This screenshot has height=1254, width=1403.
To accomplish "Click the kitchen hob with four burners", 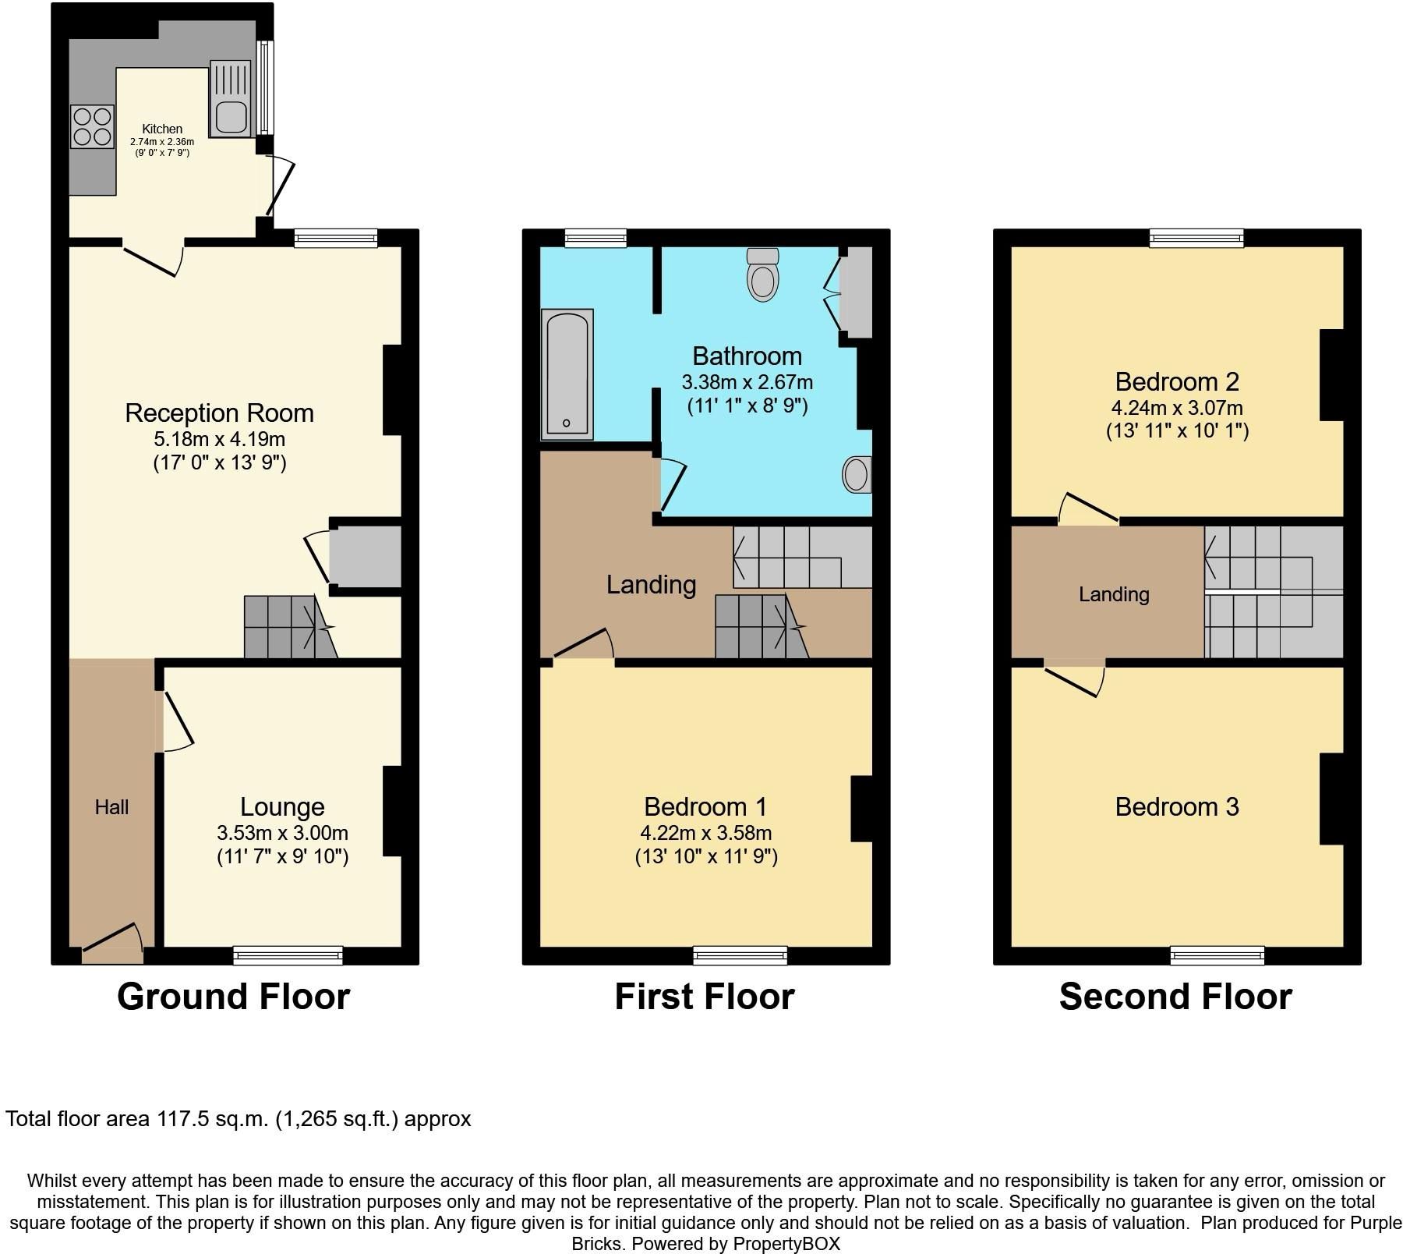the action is tap(92, 127).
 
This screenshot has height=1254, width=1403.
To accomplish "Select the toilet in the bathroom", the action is tap(762, 275).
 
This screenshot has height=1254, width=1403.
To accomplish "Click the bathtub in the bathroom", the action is tap(567, 374).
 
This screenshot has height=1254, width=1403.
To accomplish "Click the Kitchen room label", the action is tap(162, 129).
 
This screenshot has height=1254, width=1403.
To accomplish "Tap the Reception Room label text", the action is tap(220, 413).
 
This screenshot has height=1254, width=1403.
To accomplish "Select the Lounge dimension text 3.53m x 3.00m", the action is tap(282, 833).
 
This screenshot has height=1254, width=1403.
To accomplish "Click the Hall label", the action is tap(111, 807).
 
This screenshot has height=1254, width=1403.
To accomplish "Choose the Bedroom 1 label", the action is tap(705, 806).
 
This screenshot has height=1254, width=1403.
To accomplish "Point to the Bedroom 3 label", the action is tap(1177, 806).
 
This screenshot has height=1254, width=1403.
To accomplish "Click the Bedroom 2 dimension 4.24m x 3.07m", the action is tap(1177, 408).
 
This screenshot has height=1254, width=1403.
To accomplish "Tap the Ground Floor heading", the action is tap(234, 997).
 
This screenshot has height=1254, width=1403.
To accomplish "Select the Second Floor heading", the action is tap(1175, 997).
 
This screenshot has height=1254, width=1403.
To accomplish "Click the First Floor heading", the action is tap(705, 997).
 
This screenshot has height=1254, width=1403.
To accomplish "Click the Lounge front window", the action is tap(288, 955).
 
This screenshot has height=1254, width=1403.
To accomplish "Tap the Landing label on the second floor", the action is tap(1114, 594).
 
